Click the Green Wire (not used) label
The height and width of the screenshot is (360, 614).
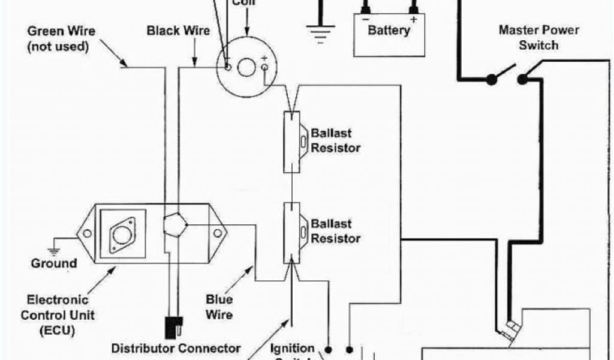click(61, 38)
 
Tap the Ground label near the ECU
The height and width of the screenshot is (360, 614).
click(54, 263)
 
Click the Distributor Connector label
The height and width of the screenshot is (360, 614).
click(176, 348)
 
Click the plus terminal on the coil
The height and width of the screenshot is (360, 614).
click(265, 68)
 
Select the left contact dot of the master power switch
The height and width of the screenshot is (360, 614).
click(492, 79)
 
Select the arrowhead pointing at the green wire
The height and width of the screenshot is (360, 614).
click(124, 62)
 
